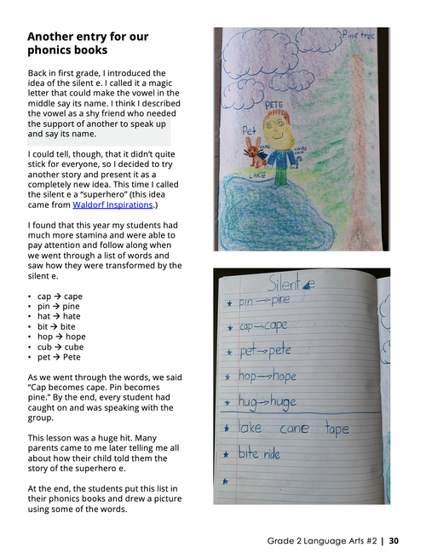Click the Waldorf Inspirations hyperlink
pos(112,205)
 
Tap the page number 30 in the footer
pos(394,539)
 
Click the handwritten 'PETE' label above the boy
pos(273,105)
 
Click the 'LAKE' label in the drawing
pos(257,176)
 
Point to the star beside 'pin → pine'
pos(227,303)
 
